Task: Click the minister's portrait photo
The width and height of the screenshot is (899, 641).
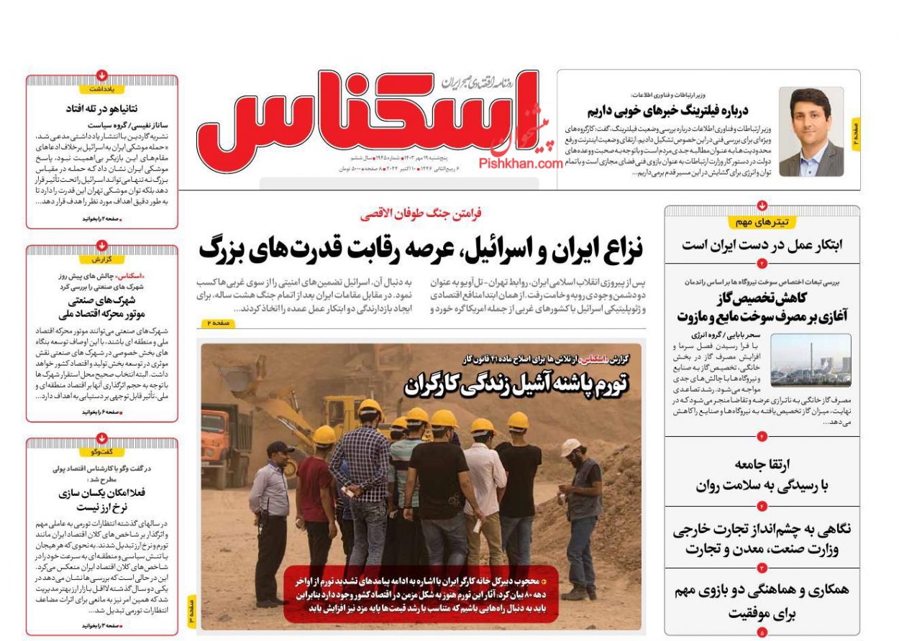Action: pos(811,132)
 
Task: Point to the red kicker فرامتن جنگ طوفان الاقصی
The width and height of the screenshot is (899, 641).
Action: pos(421,213)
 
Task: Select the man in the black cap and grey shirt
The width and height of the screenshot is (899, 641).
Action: pos(270,517)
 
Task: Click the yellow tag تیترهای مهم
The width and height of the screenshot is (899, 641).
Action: pos(762,222)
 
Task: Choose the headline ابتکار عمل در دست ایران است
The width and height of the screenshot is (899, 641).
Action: pos(762,244)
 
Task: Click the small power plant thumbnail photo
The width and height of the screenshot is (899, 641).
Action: pos(810,360)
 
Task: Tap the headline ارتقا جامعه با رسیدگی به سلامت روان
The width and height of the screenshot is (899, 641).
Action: pos(762,474)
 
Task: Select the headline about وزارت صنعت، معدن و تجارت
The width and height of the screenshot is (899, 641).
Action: pos(762,540)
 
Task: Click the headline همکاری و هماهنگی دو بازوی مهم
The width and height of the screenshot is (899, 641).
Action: pos(762,601)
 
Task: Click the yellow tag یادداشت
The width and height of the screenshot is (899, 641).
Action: pos(102,89)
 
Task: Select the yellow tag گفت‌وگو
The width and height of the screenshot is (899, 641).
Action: pos(102,452)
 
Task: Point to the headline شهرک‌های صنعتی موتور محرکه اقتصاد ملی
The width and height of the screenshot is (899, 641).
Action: pos(102,308)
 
